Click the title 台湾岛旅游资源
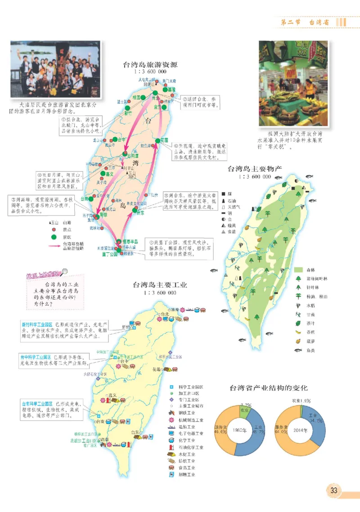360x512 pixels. click(150, 64)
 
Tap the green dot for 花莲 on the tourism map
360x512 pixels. click(157, 140)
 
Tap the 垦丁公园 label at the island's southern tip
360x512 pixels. click(108, 254)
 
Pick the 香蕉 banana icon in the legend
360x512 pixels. click(298, 332)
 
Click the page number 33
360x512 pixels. click(334, 490)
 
